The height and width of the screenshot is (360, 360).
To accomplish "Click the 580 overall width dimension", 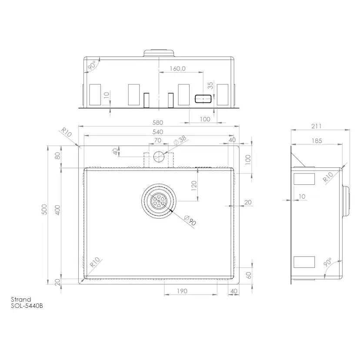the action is (x=158, y=122).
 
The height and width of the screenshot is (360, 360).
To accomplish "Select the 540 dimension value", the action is (x=158, y=132).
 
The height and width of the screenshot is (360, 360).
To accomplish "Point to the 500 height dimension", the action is (x=44, y=210).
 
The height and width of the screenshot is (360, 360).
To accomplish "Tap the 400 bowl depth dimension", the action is (x=58, y=210).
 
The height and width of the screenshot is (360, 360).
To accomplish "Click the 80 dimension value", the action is (x=58, y=156).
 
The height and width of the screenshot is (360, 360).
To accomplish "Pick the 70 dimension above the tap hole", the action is (x=157, y=140).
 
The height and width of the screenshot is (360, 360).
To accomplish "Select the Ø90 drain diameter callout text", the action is (x=190, y=220).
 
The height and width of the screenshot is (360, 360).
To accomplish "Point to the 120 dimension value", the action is (x=194, y=186).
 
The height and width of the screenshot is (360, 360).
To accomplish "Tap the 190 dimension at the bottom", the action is (x=182, y=291).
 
